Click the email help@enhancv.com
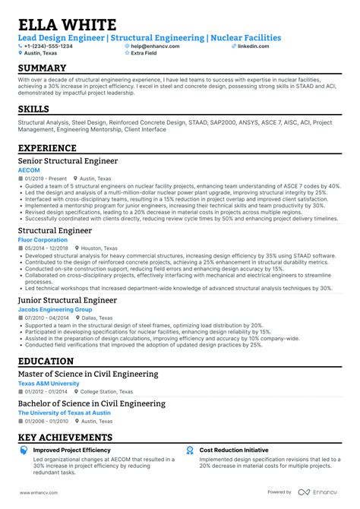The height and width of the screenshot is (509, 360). tap(155, 46)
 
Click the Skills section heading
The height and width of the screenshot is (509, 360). tap(39, 109)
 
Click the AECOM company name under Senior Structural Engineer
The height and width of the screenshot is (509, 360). tap(29, 171)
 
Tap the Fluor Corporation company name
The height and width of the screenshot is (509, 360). tap(43, 240)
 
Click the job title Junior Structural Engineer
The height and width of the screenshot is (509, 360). tap(68, 300)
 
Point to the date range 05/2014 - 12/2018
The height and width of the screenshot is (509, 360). tap(46, 248)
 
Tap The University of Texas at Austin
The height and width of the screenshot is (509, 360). tap(63, 413)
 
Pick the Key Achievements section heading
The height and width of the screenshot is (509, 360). tap(78, 438)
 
